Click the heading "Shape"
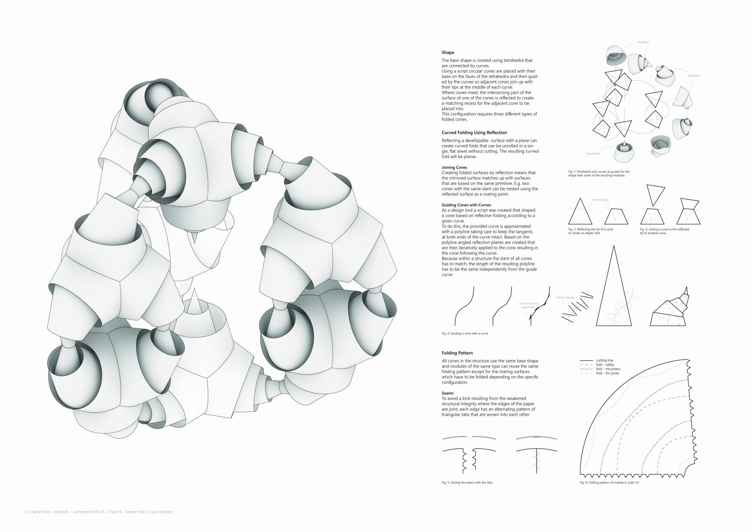[x=448, y=53]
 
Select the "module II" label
[x=694, y=75]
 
